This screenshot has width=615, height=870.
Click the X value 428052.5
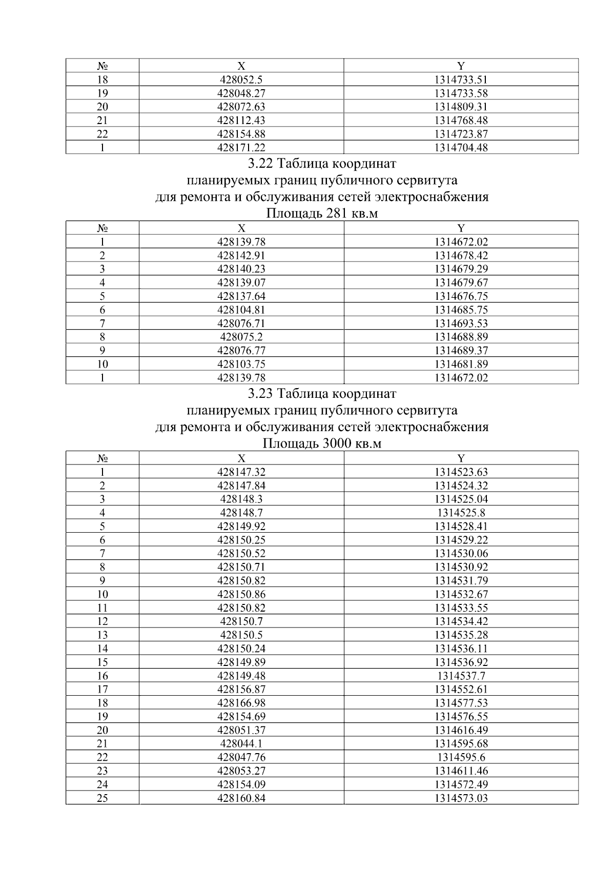[x=241, y=79]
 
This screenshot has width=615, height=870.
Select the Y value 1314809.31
[x=461, y=107]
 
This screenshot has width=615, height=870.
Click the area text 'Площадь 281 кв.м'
[x=322, y=213]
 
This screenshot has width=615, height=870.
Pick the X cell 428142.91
[x=241, y=255]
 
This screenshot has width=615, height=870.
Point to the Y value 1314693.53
[x=461, y=323]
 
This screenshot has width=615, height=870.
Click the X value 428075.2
[x=241, y=337]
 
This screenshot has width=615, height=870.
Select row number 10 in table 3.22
[x=102, y=365]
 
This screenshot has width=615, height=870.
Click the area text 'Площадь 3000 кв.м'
[x=322, y=443]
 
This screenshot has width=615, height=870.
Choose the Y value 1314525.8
[x=461, y=513]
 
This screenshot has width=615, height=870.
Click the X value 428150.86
[x=241, y=594]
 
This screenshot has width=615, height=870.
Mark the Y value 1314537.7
[x=461, y=676]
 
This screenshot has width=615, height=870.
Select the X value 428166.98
[x=241, y=703]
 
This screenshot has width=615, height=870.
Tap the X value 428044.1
[x=241, y=743]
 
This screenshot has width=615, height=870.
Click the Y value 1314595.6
[x=461, y=757]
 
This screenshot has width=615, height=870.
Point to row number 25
[x=102, y=798]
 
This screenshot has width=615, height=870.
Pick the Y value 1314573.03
[x=461, y=798]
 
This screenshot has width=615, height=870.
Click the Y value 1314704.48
[x=461, y=148]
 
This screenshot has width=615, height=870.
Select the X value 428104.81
[x=241, y=310]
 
